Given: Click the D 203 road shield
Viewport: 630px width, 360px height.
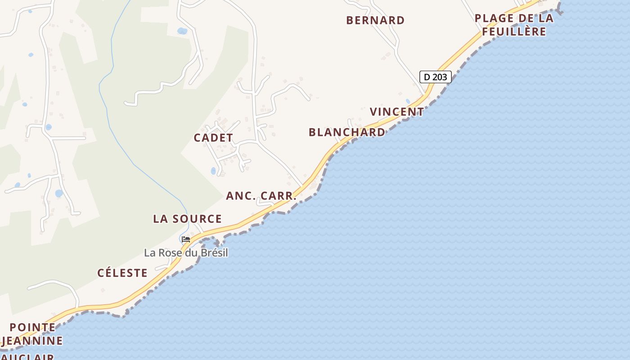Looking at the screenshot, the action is (x=435, y=77).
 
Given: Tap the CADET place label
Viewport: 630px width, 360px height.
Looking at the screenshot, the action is (x=213, y=138).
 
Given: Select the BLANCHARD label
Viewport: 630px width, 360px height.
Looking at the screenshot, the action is (x=347, y=132).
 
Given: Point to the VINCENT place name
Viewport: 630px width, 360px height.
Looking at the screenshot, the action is (x=397, y=112).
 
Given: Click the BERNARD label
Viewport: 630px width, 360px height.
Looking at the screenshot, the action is (x=375, y=20).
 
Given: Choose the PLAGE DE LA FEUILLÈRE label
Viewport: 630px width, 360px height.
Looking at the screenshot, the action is (x=514, y=25).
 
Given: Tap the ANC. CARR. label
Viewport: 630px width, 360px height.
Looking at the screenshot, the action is (x=261, y=196).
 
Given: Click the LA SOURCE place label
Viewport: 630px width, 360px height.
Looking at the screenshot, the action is (x=187, y=219).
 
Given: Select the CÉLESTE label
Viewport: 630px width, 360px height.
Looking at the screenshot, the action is (x=122, y=273).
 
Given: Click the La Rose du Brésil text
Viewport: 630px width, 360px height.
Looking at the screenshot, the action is (x=186, y=253).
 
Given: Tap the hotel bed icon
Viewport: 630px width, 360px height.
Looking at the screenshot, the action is (x=186, y=239).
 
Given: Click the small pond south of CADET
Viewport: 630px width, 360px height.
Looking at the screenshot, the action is (x=213, y=171).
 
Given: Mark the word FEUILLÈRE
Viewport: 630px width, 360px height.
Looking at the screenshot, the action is (x=514, y=32).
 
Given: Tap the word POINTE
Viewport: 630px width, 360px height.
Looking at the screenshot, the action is (x=32, y=327).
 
